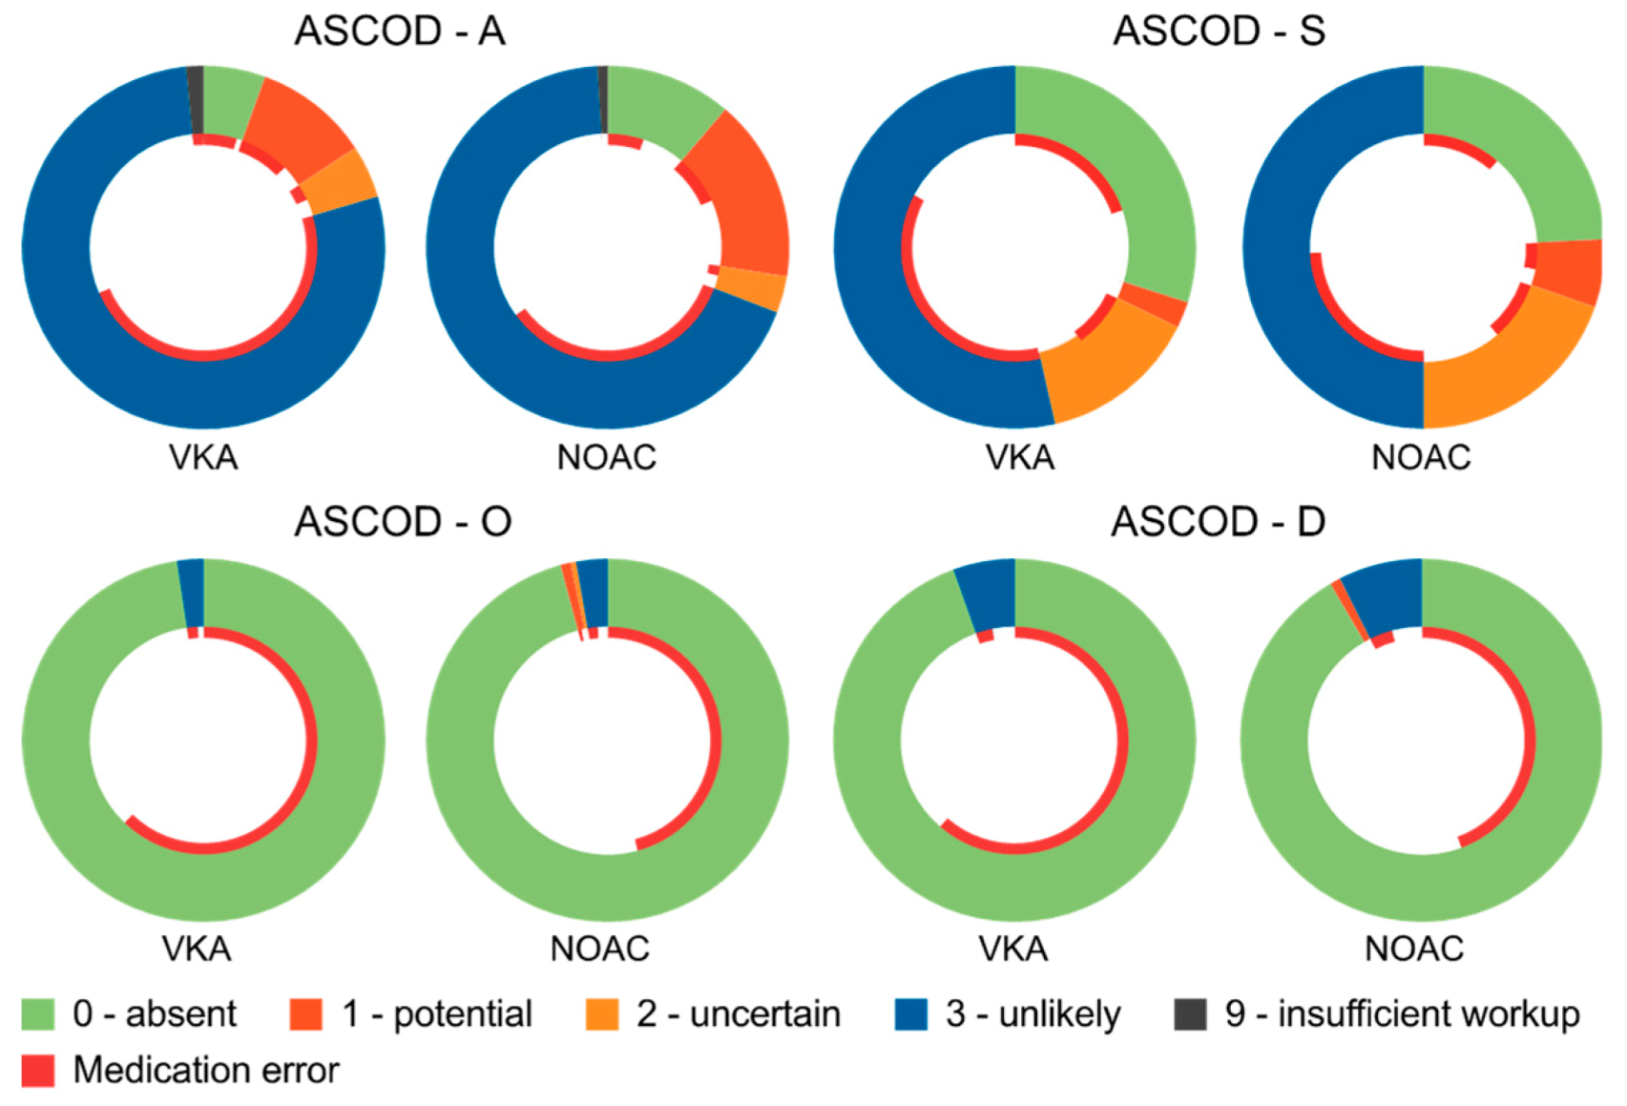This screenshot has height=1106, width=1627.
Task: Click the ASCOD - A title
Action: tap(399, 31)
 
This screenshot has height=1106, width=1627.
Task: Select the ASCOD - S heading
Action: tap(1219, 31)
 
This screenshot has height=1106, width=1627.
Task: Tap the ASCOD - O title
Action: tap(403, 522)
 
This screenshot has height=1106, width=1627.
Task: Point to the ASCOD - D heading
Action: tap(1218, 522)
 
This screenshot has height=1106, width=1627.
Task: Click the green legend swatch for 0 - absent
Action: tap(38, 1014)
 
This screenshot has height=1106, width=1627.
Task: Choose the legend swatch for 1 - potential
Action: tap(306, 1014)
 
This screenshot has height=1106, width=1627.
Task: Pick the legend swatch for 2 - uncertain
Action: tap(602, 1014)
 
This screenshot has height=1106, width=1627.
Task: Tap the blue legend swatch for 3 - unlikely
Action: tap(910, 1014)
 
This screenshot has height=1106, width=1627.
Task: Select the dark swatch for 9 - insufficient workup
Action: tap(1190, 1014)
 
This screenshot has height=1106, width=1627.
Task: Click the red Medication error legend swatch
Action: tap(38, 1071)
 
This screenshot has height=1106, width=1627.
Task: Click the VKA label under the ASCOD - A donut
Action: tap(203, 458)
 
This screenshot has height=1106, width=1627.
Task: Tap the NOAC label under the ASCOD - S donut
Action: tap(1420, 458)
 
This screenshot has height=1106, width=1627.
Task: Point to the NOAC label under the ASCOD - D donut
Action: tap(1413, 949)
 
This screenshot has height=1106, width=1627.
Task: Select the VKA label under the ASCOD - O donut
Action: tap(196, 949)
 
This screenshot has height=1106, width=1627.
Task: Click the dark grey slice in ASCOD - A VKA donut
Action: tap(196, 100)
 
